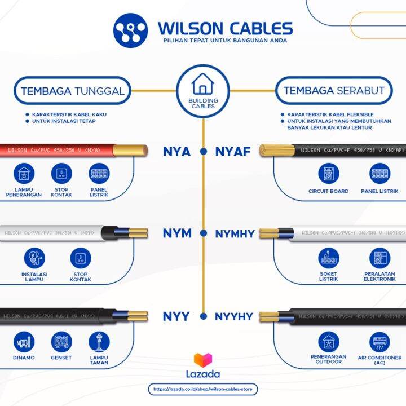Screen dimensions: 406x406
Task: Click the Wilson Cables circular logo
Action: (130, 31)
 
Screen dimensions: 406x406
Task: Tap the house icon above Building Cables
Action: (202, 84)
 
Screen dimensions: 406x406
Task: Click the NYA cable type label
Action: (176, 151)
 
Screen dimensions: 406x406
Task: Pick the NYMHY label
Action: (235, 233)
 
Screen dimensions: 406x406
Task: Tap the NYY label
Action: (176, 316)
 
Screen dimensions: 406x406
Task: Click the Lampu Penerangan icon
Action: (24, 174)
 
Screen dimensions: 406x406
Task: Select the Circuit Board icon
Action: (328, 174)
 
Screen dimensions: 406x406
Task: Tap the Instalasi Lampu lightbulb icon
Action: (34, 258)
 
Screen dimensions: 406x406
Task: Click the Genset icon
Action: (62, 342)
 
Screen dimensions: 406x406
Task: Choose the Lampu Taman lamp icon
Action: (99, 341)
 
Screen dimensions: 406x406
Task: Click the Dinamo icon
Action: (24, 342)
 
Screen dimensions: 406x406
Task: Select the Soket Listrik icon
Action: (328, 258)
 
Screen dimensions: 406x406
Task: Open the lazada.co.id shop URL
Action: (203, 389)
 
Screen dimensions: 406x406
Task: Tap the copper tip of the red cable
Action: (138, 151)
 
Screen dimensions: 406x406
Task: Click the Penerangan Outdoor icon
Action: (328, 342)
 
